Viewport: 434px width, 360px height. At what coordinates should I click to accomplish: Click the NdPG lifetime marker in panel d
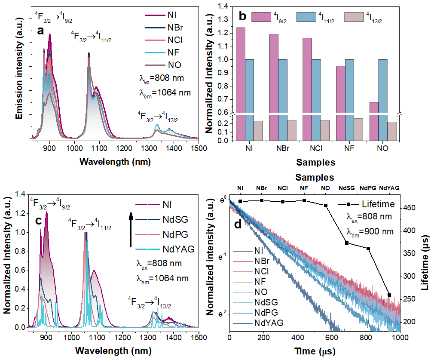(x=368, y=249)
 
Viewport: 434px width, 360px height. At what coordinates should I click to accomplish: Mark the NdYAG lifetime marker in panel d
(x=389, y=295)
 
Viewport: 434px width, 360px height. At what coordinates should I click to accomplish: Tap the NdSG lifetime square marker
(x=346, y=243)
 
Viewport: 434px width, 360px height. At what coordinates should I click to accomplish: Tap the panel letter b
(x=242, y=17)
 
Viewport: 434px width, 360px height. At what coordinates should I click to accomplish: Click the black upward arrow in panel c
(x=131, y=228)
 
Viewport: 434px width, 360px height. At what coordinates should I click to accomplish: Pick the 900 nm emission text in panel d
(x=370, y=231)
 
